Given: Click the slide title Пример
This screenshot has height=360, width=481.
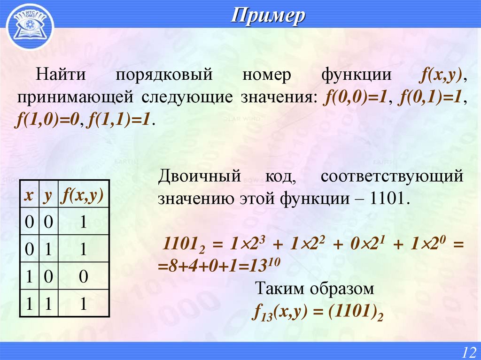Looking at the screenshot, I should point(268,17).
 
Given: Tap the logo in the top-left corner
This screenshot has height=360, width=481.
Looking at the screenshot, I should point(29,26).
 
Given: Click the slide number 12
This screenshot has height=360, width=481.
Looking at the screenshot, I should point(468,352).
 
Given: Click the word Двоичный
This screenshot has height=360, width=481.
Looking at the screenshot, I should point(199,177).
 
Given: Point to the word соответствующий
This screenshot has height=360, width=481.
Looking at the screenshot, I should point(393,177).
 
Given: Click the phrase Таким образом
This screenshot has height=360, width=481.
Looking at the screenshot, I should point(314,289).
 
